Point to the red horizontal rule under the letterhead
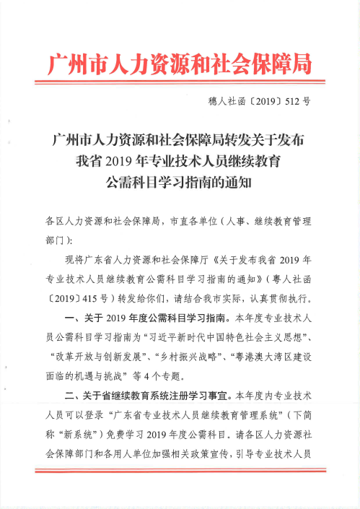(180, 84)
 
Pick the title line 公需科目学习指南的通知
(180, 181)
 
